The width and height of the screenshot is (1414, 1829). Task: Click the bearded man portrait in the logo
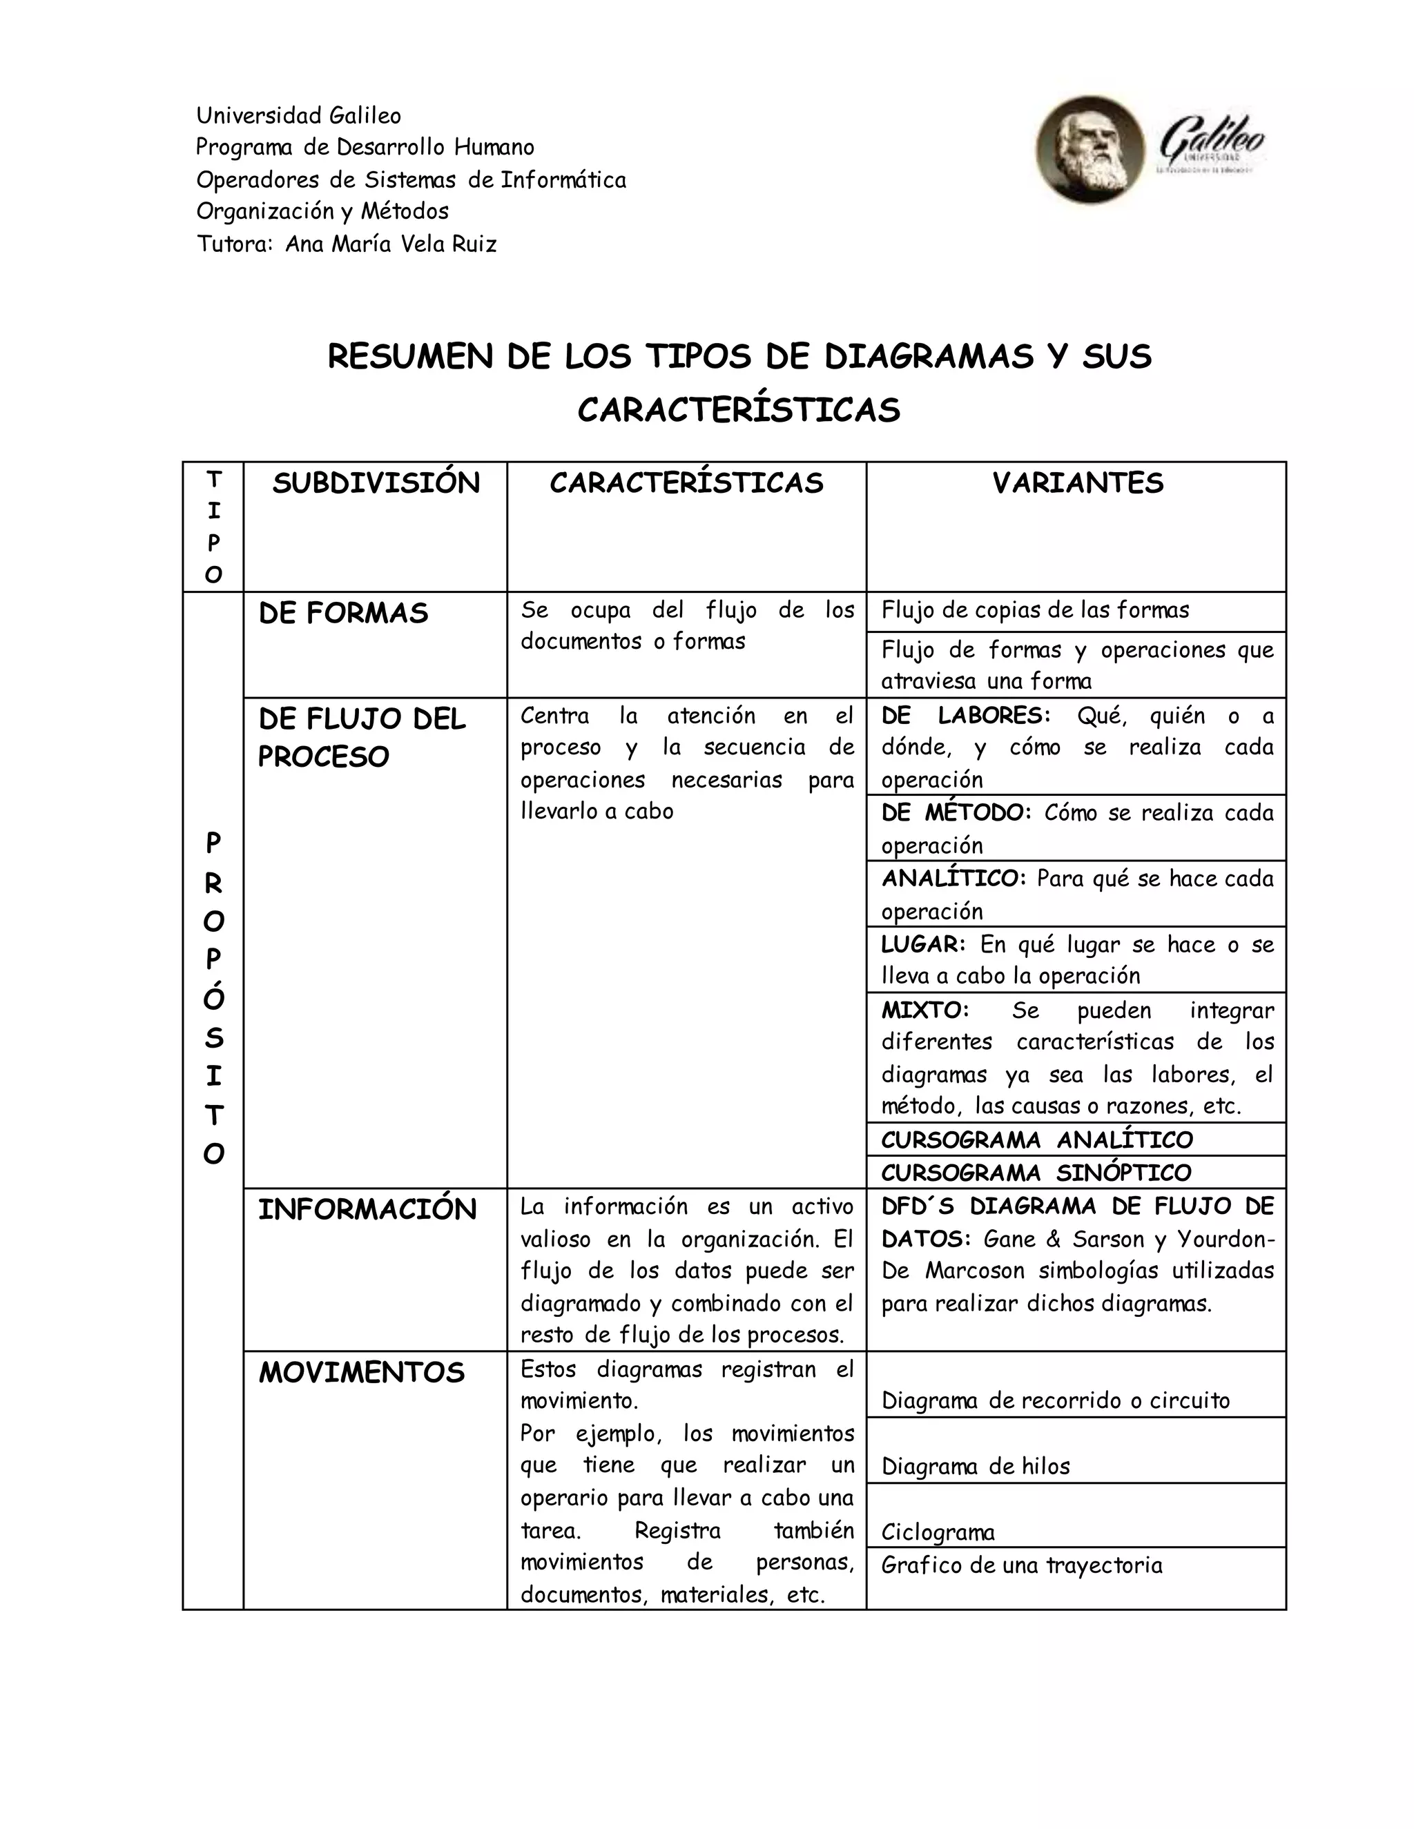(x=1089, y=150)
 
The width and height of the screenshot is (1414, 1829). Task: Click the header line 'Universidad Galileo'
(x=298, y=115)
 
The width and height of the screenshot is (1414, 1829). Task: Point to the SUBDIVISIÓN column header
(x=376, y=483)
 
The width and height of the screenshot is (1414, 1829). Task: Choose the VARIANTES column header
(x=1077, y=483)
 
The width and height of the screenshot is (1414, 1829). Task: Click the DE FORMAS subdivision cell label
(x=342, y=614)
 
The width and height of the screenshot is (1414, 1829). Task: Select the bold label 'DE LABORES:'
(x=965, y=716)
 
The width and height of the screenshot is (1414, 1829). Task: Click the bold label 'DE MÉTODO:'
(x=956, y=813)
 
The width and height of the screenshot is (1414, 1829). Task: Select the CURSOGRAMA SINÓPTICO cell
(x=1036, y=1173)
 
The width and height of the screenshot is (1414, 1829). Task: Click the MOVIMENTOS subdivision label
(x=361, y=1373)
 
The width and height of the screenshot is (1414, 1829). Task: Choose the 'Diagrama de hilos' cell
(x=975, y=1467)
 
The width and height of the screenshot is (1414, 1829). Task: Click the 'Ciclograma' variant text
(x=938, y=1532)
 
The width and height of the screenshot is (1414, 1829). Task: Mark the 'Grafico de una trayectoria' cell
(x=1021, y=1565)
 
